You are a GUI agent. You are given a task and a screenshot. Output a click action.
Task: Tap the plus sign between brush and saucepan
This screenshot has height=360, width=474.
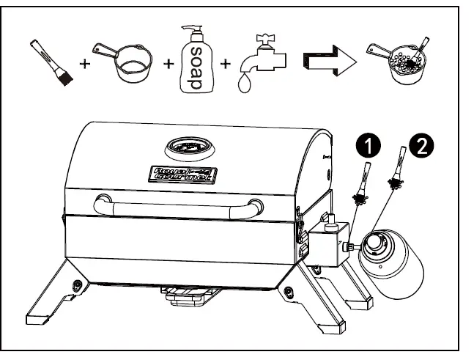pos(84,64)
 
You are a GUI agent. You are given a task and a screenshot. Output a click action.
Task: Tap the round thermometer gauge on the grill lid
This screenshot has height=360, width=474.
pos(188,147)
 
